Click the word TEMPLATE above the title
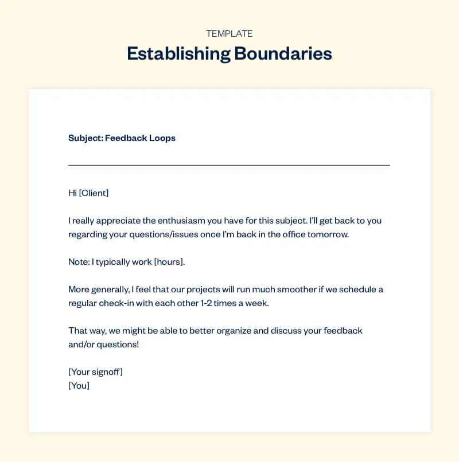229,34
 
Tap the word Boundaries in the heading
283,54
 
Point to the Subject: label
85,138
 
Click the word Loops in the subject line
162,138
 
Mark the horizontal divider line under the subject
229,165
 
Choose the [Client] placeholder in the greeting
94,193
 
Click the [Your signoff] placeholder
95,372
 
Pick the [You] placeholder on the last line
79,386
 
